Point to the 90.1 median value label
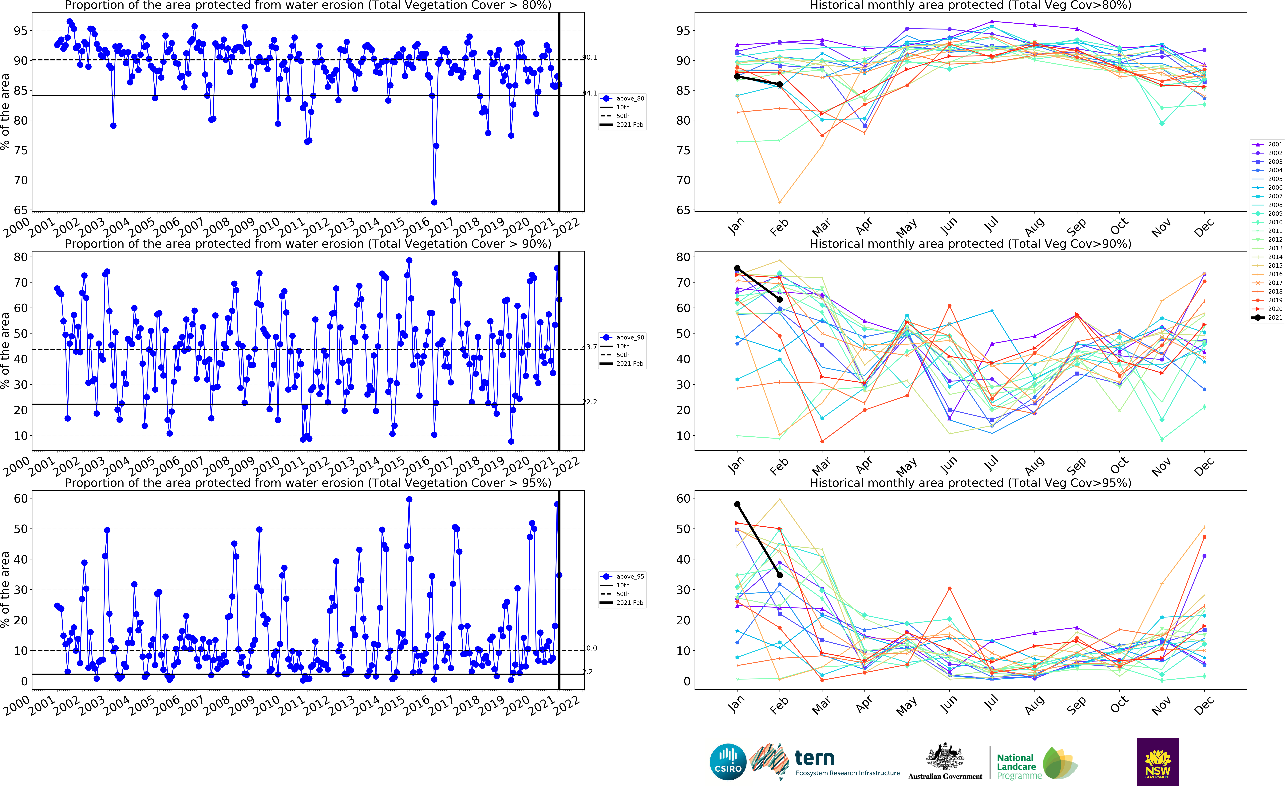tap(589, 57)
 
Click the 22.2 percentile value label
tap(589, 402)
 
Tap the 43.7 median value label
tap(589, 347)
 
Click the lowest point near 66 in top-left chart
tap(434, 202)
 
